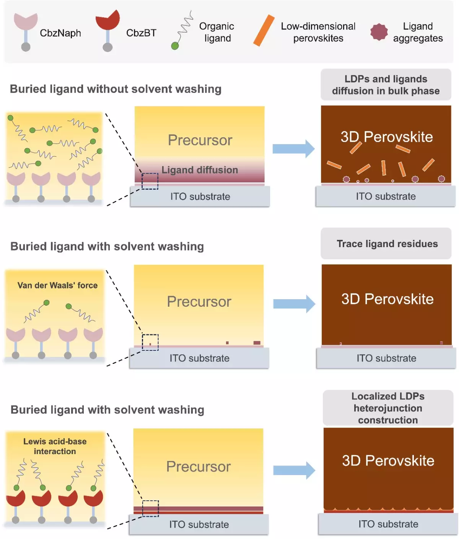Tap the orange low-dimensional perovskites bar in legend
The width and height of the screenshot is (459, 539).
[264, 31]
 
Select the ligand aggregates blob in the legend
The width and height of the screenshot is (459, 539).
[379, 32]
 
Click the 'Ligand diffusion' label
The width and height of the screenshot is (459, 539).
[200, 170]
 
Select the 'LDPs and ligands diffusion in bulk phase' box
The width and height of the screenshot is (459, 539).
[386, 85]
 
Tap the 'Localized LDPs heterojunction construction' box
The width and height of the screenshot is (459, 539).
[388, 408]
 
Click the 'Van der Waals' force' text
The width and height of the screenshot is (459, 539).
[57, 285]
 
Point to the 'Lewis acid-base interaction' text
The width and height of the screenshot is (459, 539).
[55, 446]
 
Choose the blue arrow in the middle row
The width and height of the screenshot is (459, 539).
[294, 304]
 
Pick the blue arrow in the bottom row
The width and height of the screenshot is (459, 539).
[294, 470]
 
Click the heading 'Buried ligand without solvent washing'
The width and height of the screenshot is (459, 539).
[116, 89]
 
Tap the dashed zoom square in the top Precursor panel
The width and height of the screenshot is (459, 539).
[150, 181]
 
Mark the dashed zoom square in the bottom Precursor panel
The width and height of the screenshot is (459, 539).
[150, 508]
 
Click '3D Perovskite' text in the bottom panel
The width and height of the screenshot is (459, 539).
[388, 461]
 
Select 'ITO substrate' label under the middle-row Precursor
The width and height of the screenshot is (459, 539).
[199, 358]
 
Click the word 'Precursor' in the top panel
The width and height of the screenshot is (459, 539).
[200, 140]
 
